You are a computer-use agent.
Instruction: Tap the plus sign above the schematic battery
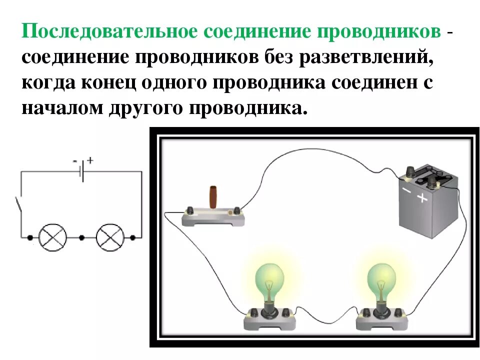(x=90, y=160)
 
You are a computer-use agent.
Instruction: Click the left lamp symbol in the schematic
(x=53, y=237)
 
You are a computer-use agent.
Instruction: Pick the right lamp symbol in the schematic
(x=109, y=237)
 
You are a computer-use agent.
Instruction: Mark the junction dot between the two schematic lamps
(x=81, y=237)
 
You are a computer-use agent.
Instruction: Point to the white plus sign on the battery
(x=423, y=198)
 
